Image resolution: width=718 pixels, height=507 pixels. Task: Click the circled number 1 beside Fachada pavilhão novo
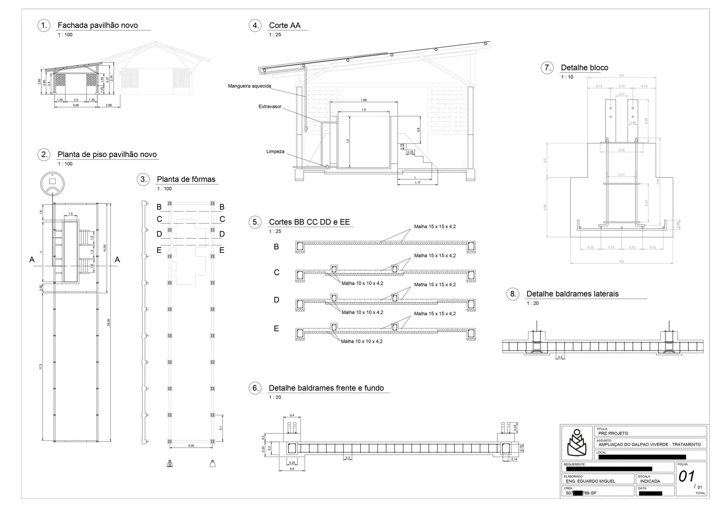coord(44,25)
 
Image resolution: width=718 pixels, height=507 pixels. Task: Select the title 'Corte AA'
coord(285,25)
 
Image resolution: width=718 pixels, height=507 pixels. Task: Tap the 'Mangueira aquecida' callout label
coord(249,86)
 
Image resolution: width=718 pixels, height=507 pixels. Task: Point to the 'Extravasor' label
coord(270,106)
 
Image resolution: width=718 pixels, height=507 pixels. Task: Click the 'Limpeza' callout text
coord(275,151)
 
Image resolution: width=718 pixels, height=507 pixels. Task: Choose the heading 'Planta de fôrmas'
coord(186,179)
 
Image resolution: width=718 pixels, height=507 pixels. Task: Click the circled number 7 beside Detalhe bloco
coord(547,68)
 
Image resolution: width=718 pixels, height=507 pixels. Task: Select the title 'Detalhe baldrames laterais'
coord(572,294)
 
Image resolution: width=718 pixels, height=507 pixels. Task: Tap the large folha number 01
coord(687,476)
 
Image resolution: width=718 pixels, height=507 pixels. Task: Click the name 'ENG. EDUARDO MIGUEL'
coord(590,481)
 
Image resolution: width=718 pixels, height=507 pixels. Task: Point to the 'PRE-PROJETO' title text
coord(613,433)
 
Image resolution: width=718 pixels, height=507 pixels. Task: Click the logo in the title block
coord(577,442)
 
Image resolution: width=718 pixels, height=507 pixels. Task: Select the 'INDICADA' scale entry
coord(650,481)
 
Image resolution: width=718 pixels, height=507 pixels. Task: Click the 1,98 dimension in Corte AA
coord(363,100)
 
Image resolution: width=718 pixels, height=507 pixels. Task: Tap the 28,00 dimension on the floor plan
coord(109,322)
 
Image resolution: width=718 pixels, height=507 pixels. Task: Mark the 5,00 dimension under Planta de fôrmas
coord(191,446)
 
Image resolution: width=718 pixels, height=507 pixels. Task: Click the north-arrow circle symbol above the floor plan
coord(52,183)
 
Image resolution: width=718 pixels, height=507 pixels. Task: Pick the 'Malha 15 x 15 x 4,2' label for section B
coord(435,226)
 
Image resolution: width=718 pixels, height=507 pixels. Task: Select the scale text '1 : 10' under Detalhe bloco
coord(567,77)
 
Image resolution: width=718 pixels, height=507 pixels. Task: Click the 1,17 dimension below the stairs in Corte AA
coord(418,183)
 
